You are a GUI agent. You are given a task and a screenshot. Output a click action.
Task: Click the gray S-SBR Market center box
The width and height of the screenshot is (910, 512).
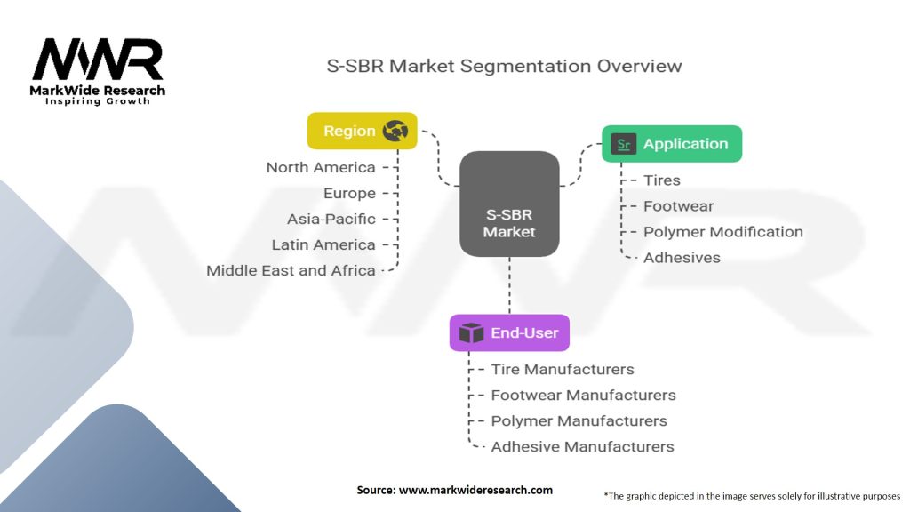point(509,204)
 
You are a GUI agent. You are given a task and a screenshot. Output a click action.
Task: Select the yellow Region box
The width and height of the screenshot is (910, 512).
point(363,131)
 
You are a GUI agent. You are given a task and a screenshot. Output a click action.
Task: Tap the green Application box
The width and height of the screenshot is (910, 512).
point(672,144)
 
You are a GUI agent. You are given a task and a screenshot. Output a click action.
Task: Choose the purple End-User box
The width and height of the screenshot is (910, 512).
point(509,332)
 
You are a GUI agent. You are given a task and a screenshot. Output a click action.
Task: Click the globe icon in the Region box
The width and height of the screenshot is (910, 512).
point(395,131)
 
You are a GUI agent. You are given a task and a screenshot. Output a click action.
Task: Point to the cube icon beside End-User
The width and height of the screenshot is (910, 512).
point(471,333)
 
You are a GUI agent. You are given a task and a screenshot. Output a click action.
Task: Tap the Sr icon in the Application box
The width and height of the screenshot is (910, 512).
point(623,144)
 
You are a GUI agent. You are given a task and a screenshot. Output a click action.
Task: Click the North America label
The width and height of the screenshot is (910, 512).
point(321,168)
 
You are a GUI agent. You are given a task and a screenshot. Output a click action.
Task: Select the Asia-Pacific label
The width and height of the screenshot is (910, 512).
point(331,220)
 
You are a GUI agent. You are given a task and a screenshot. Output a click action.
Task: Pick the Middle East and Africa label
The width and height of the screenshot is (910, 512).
point(291,270)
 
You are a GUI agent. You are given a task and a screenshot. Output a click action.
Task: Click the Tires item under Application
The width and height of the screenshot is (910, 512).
point(661,180)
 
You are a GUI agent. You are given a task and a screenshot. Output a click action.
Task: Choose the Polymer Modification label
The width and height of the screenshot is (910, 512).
point(723,232)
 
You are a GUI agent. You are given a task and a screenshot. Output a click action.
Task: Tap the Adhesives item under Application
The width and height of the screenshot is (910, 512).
point(682,258)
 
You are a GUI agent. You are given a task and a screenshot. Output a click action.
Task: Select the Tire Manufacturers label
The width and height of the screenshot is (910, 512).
point(563,369)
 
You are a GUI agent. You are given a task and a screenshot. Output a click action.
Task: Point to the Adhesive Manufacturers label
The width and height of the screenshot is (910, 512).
point(583,446)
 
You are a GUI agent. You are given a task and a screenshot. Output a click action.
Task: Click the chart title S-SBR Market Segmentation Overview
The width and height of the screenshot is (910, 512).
point(504,66)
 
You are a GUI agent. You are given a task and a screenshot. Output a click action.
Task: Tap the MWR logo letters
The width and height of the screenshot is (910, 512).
point(98,59)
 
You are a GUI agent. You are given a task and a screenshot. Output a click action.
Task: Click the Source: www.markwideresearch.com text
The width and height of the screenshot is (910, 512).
point(454,490)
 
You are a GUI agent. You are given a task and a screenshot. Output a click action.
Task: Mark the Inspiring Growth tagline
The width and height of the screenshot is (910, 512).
point(98,101)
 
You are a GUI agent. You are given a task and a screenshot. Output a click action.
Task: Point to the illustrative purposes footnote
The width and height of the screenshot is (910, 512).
point(752,496)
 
